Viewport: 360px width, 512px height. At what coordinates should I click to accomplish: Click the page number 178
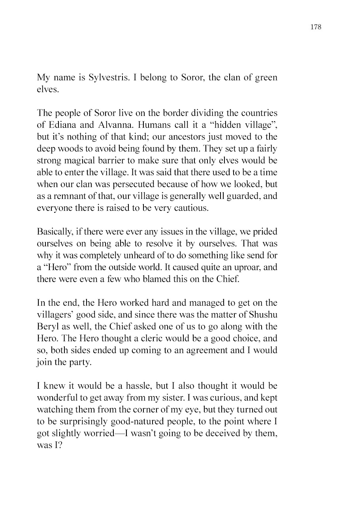[316, 27]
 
